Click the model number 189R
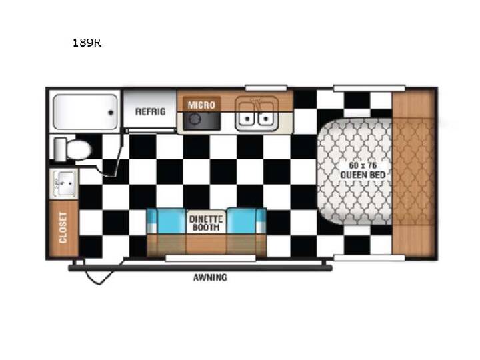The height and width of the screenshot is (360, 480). pyautogui.click(x=87, y=43)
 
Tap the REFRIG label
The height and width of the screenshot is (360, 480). pyautogui.click(x=150, y=111)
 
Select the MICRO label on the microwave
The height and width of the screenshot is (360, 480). pyautogui.click(x=201, y=105)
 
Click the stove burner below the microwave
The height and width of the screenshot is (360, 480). pyautogui.click(x=195, y=119)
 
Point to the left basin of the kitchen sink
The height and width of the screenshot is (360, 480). pyautogui.click(x=247, y=114)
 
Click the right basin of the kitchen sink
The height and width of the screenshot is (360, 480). pyautogui.click(x=266, y=114)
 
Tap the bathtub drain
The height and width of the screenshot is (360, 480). pyautogui.click(x=111, y=113)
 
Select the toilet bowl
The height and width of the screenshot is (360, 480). pyautogui.click(x=79, y=150)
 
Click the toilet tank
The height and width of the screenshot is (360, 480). pyautogui.click(x=60, y=149)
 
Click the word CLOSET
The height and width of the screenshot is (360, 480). pyautogui.click(x=63, y=228)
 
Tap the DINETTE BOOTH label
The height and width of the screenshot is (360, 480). pyautogui.click(x=206, y=223)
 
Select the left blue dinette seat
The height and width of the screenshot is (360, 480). pyautogui.click(x=167, y=221)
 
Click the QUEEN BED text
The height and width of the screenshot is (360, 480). pyautogui.click(x=363, y=175)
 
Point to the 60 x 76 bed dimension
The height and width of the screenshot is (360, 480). pyautogui.click(x=363, y=165)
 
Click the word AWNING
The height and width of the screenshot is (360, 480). pyautogui.click(x=210, y=277)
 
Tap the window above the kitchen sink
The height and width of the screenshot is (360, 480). pyautogui.click(x=266, y=88)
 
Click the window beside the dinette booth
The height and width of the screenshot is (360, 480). pyautogui.click(x=210, y=259)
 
